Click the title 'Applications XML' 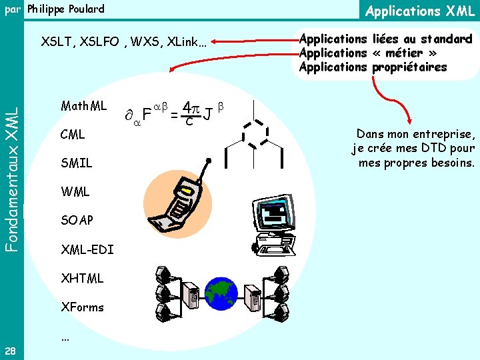pos(420,11)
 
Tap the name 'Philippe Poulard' pos(65,9)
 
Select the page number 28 pos(11,351)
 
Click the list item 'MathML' pos(83,106)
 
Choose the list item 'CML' pos(72,135)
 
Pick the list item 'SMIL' pos(76,163)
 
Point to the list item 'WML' pos(75,192)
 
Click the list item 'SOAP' pos(77,220)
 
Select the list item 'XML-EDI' pos(87,249)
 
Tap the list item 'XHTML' pos(82,278)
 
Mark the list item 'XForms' pos(82,307)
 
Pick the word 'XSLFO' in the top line pos(101,43)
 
